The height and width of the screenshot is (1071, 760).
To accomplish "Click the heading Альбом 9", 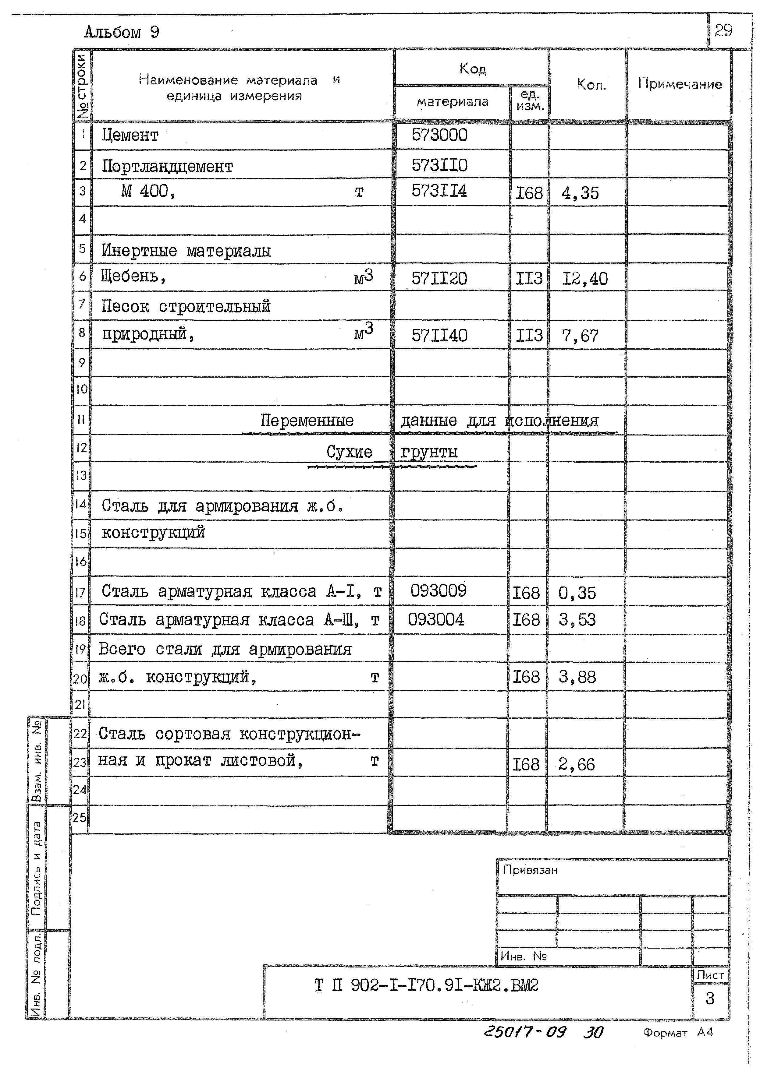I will (x=122, y=32).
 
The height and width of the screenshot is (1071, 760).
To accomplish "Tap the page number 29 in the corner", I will (x=723, y=31).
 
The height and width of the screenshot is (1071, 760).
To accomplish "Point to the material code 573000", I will (x=439, y=135).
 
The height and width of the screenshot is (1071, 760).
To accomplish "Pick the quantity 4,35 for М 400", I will (x=580, y=193).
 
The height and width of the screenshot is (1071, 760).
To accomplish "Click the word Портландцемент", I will (x=167, y=167).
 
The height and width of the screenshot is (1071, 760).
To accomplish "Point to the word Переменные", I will (x=307, y=421).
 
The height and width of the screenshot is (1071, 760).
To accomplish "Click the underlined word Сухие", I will (x=349, y=452).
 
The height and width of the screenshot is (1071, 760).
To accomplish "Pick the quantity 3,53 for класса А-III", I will (x=577, y=620).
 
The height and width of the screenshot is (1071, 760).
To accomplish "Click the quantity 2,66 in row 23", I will (x=576, y=765).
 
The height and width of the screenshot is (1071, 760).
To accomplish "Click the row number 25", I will (x=80, y=818).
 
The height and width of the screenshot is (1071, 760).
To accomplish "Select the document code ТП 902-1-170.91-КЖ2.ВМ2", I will (x=426, y=986).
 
